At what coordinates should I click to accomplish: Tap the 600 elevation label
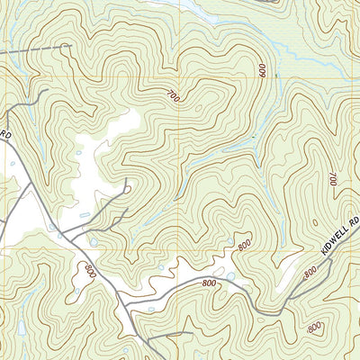(x=264, y=70)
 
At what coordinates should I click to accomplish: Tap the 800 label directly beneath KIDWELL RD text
(x=310, y=269)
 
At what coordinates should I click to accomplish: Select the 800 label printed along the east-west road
(x=211, y=283)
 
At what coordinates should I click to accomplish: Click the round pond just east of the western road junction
(x=94, y=242)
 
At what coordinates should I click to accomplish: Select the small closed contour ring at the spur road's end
(x=127, y=189)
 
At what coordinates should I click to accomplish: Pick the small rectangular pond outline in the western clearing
(x=84, y=216)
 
